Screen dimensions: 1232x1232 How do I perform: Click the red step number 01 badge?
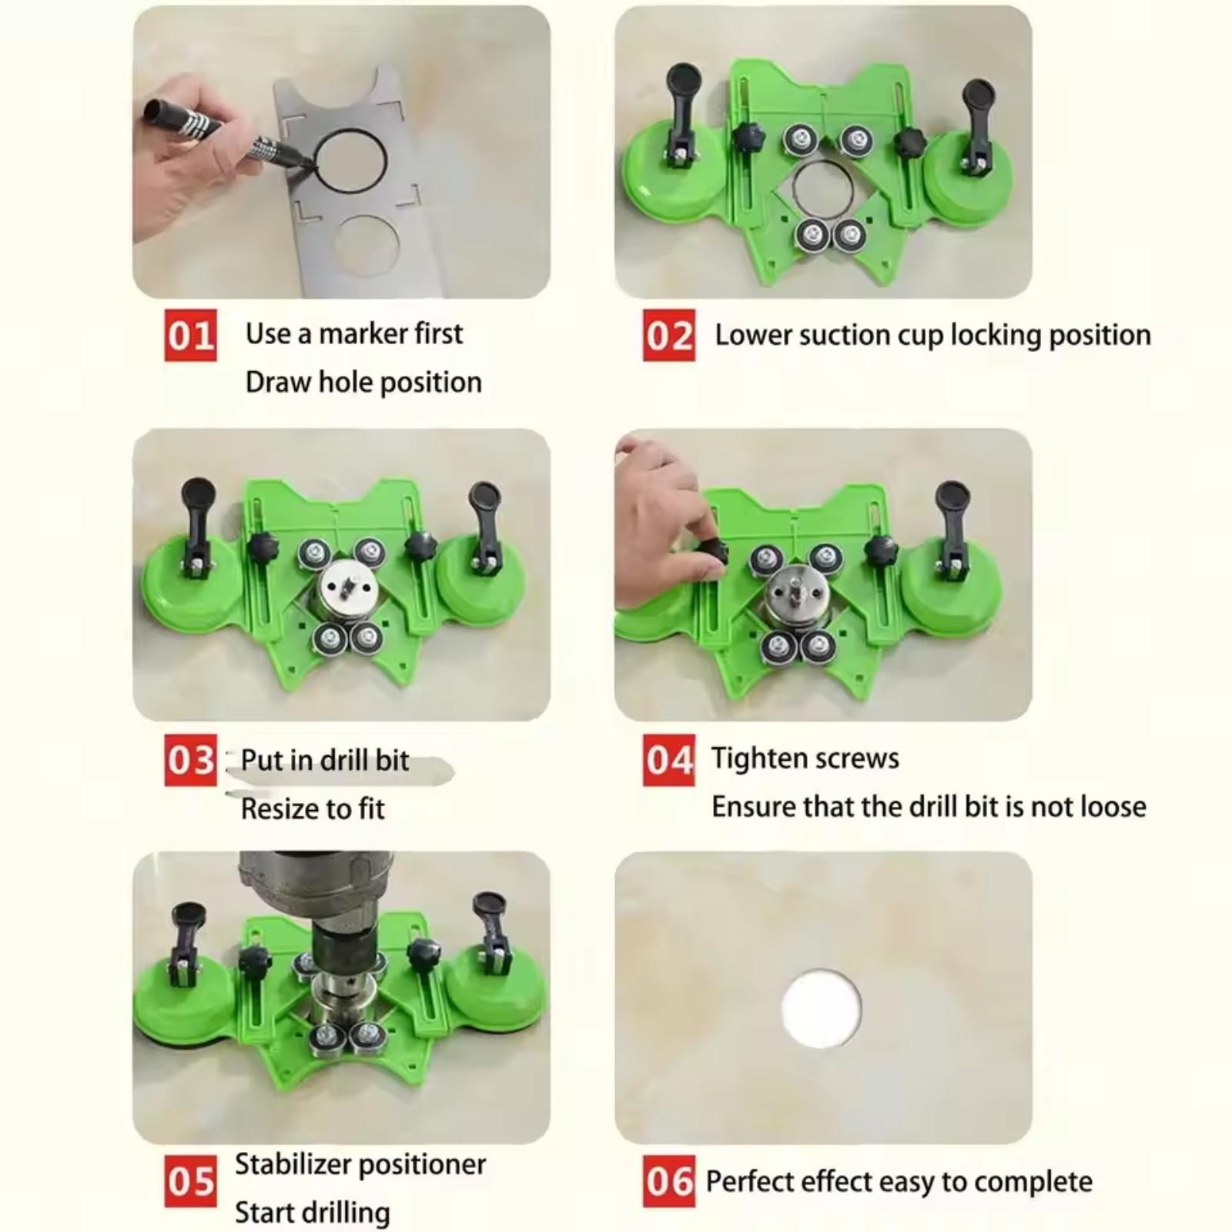click(x=190, y=335)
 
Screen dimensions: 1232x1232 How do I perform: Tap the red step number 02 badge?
click(x=669, y=335)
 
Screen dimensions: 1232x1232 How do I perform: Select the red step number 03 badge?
click(x=190, y=760)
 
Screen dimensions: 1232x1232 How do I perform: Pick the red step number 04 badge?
click(x=669, y=760)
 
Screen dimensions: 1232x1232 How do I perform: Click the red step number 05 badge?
click(x=190, y=1182)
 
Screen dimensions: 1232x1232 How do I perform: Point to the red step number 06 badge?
click(x=669, y=1182)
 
